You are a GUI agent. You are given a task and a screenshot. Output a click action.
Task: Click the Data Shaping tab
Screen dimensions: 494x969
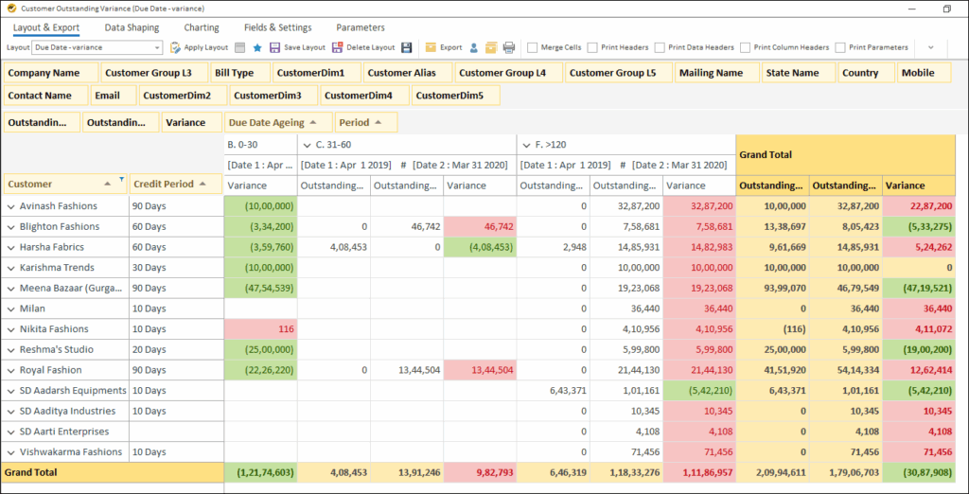click(132, 27)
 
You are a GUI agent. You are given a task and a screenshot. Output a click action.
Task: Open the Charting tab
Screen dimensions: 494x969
click(202, 27)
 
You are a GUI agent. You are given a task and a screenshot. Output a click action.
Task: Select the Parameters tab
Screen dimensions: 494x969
click(361, 27)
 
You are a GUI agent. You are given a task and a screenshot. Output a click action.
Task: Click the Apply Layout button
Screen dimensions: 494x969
click(200, 47)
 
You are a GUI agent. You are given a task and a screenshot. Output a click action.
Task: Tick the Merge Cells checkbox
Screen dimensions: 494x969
click(534, 47)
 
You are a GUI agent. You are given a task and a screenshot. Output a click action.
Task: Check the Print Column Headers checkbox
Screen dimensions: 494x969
click(747, 47)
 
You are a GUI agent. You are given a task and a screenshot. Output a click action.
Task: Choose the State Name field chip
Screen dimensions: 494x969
click(792, 73)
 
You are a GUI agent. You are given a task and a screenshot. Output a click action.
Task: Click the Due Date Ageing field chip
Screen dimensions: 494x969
click(278, 122)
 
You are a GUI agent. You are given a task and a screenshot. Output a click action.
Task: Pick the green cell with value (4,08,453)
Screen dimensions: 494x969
click(481, 247)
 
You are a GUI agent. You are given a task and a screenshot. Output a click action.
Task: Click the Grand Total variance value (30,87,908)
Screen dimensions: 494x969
click(919, 472)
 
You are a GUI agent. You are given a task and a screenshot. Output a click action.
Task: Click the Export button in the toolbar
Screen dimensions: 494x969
click(444, 47)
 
